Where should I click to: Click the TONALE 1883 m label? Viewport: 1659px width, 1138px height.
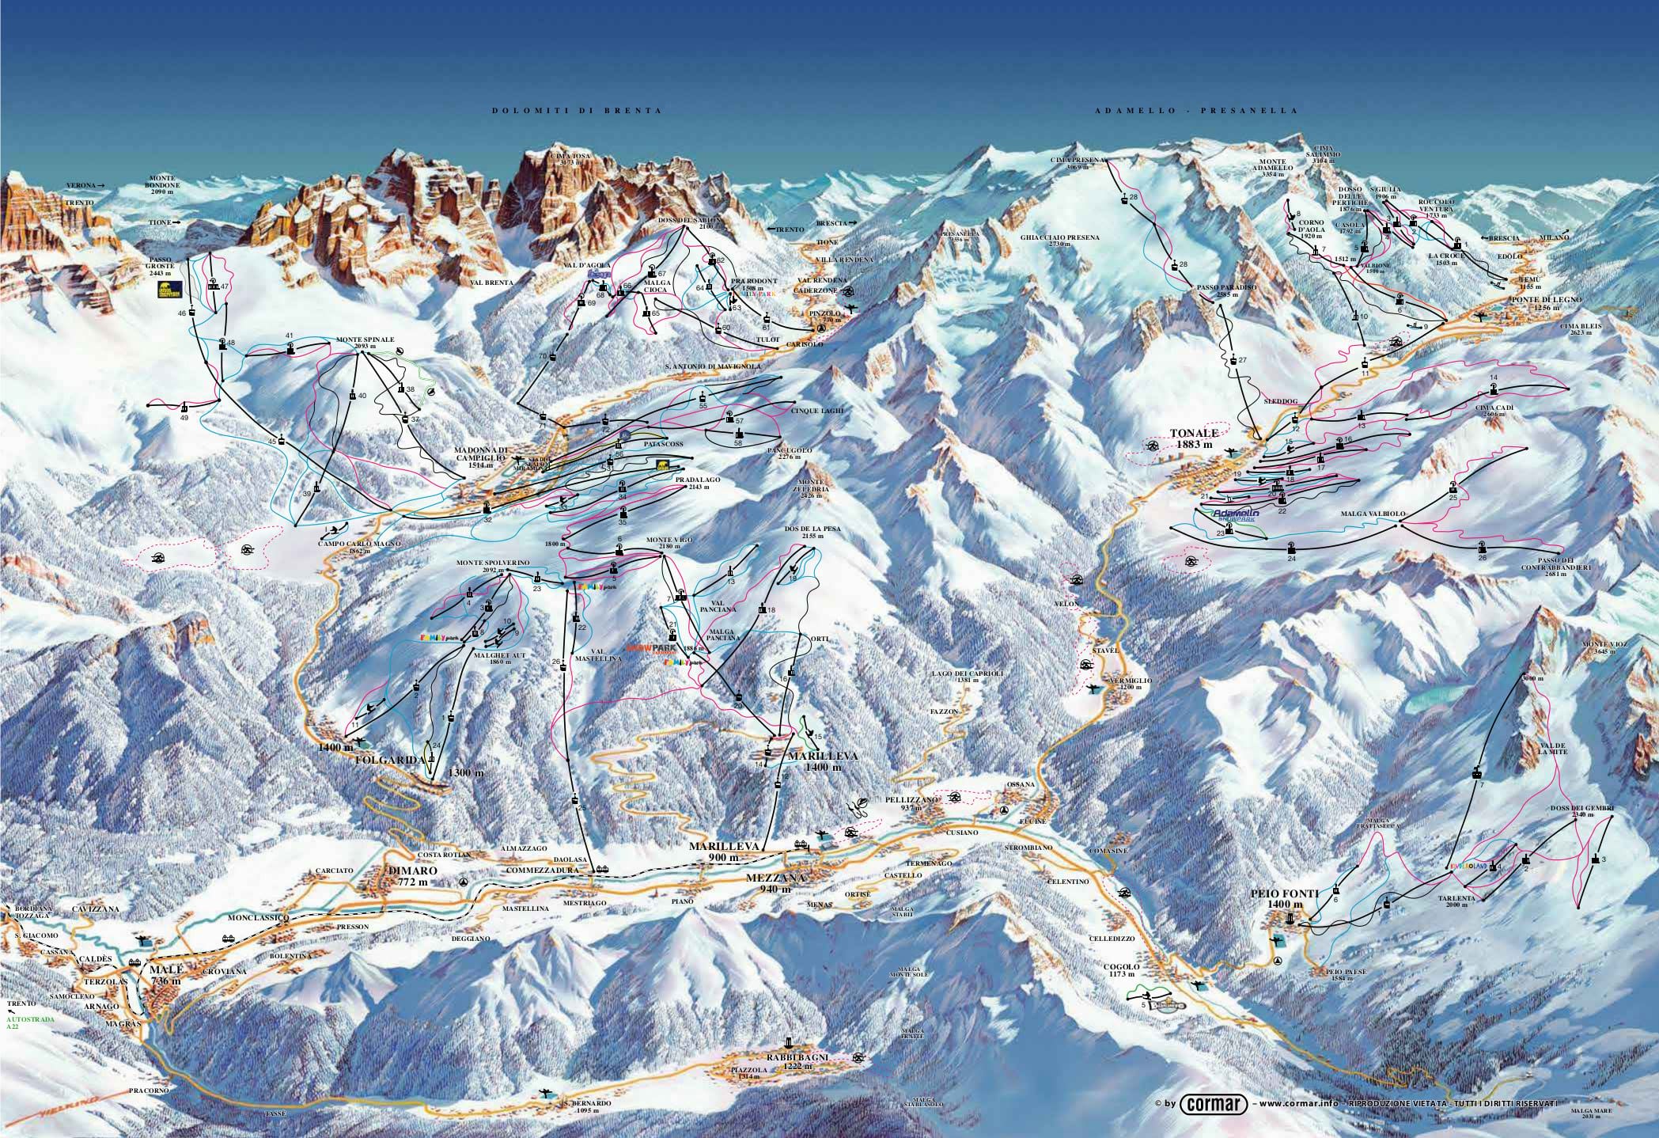click(x=1193, y=438)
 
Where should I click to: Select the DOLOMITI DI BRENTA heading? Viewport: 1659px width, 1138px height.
click(x=577, y=111)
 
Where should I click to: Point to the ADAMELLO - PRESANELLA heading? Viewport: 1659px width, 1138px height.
click(x=1196, y=111)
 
